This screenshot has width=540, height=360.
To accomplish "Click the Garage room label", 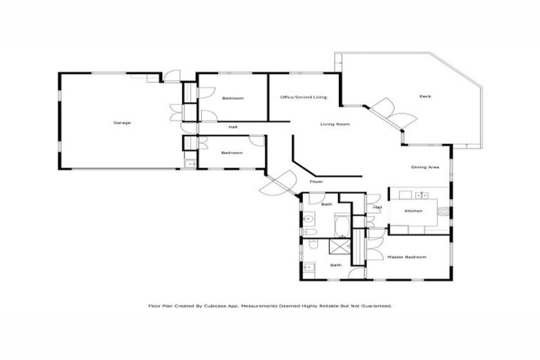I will click(x=122, y=122).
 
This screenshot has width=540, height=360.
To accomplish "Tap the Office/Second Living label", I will click(x=303, y=97).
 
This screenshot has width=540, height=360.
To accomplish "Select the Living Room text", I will click(x=335, y=124).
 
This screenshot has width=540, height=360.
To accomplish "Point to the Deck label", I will click(x=425, y=96).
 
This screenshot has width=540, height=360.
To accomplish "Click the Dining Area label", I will click(x=425, y=167).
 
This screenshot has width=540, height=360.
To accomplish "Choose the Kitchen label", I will click(x=413, y=211).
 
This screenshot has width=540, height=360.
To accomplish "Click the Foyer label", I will click(x=316, y=181).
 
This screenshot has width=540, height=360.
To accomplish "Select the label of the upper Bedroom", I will click(x=232, y=98).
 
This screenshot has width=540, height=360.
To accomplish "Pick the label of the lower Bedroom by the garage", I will click(x=232, y=153).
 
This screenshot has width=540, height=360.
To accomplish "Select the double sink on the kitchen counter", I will click(x=421, y=195).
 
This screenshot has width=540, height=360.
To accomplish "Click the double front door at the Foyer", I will click(x=278, y=184).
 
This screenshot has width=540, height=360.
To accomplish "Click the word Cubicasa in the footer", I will click(x=222, y=307).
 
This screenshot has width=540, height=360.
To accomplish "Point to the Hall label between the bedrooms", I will click(x=232, y=127).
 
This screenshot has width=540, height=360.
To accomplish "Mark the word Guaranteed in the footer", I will click(x=375, y=307).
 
